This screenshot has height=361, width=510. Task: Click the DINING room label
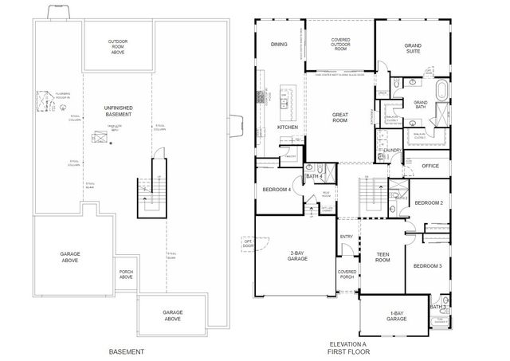(x=278, y=45)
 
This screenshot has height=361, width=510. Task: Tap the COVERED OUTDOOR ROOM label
(x=340, y=45)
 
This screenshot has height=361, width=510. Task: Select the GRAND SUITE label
(x=412, y=49)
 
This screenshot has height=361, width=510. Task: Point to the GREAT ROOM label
(x=340, y=118)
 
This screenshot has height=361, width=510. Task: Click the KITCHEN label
(x=287, y=128)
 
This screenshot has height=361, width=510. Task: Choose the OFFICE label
(x=430, y=166)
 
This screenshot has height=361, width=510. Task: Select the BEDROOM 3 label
(x=429, y=265)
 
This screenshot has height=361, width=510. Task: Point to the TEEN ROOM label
(x=382, y=258)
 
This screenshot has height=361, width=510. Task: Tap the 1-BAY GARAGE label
(x=396, y=315)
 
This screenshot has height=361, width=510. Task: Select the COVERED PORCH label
(x=346, y=275)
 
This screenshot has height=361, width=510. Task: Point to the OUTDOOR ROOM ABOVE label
(x=118, y=47)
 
